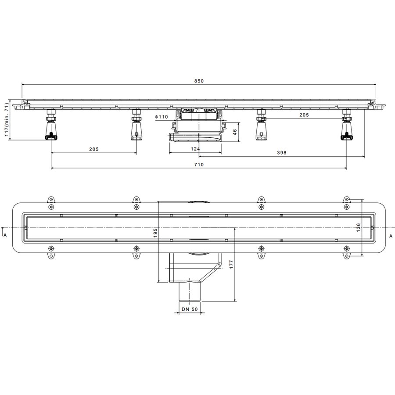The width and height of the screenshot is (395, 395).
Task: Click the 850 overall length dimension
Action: [199, 81]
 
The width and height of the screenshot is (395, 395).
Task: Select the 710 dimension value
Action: [199, 165]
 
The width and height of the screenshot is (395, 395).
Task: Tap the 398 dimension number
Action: [282, 153]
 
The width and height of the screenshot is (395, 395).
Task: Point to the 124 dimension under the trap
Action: [195, 149]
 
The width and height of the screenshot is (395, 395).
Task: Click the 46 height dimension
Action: [234, 132]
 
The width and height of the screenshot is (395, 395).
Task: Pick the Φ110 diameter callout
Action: [161, 117]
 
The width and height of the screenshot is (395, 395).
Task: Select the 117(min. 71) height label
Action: [7, 120]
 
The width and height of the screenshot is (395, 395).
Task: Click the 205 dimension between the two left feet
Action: [94, 149]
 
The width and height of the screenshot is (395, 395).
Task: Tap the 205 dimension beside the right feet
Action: [304, 115]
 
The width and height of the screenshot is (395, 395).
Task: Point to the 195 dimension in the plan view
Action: [155, 233]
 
